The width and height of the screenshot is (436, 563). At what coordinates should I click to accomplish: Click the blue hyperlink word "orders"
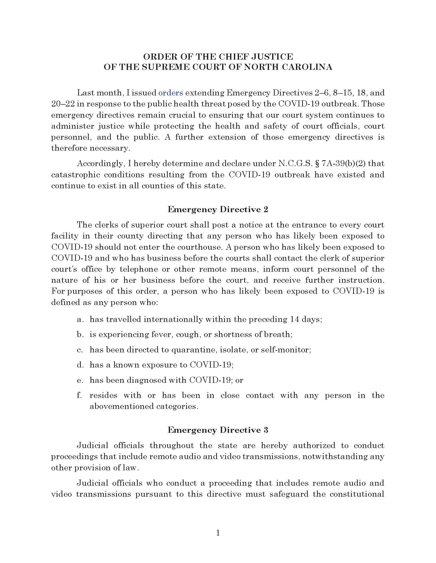(x=171, y=93)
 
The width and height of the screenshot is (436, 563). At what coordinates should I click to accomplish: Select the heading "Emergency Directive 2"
(x=218, y=209)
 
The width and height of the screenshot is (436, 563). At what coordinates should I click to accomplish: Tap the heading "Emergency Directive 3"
(x=218, y=430)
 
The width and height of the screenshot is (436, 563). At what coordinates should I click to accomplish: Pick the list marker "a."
(x=80, y=319)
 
